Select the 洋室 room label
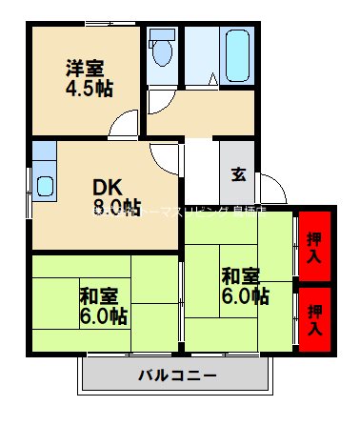pos(86,69)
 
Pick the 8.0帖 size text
pos(117,207)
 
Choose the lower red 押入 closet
pos(313,314)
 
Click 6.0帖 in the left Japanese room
pos(103,315)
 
